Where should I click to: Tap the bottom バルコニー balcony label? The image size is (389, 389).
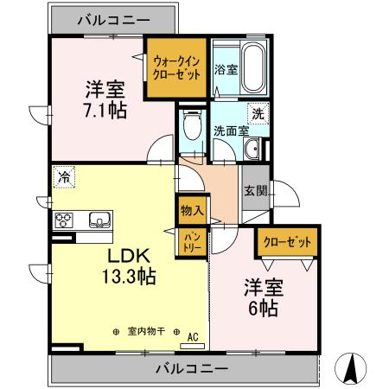(x=191, y=369)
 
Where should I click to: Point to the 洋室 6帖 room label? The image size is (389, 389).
(x=265, y=297)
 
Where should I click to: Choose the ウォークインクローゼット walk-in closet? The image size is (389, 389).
(x=175, y=67)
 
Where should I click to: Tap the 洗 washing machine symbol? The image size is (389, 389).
(x=258, y=112)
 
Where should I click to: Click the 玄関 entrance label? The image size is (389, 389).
(x=254, y=193)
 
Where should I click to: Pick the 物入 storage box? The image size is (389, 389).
(x=192, y=209)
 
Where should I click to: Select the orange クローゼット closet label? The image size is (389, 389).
(x=286, y=241)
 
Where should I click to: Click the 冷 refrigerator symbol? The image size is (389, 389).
(x=63, y=177)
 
